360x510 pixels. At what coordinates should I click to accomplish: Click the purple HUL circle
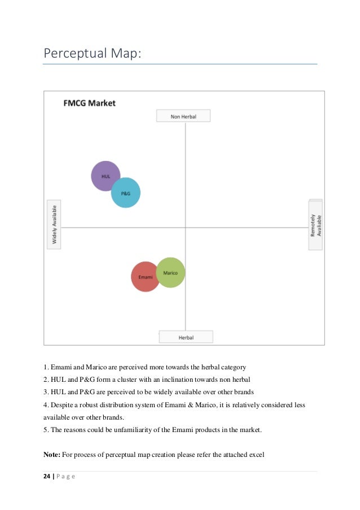point(106,176)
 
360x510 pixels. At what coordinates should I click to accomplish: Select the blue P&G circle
point(125,193)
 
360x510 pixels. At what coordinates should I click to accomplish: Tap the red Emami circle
point(145,277)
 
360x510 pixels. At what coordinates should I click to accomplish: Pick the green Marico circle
point(170,273)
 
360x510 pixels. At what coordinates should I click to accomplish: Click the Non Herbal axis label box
point(183,116)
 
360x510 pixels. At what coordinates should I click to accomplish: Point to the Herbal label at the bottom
point(186,337)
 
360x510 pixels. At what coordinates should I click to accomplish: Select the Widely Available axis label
point(55,224)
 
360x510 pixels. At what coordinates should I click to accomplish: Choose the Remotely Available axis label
point(315,225)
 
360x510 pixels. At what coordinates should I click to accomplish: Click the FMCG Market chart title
point(89,103)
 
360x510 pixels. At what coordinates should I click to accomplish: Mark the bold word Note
point(53,454)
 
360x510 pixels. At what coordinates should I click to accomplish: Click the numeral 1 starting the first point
point(45,367)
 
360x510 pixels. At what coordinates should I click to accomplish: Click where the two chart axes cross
point(186,228)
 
